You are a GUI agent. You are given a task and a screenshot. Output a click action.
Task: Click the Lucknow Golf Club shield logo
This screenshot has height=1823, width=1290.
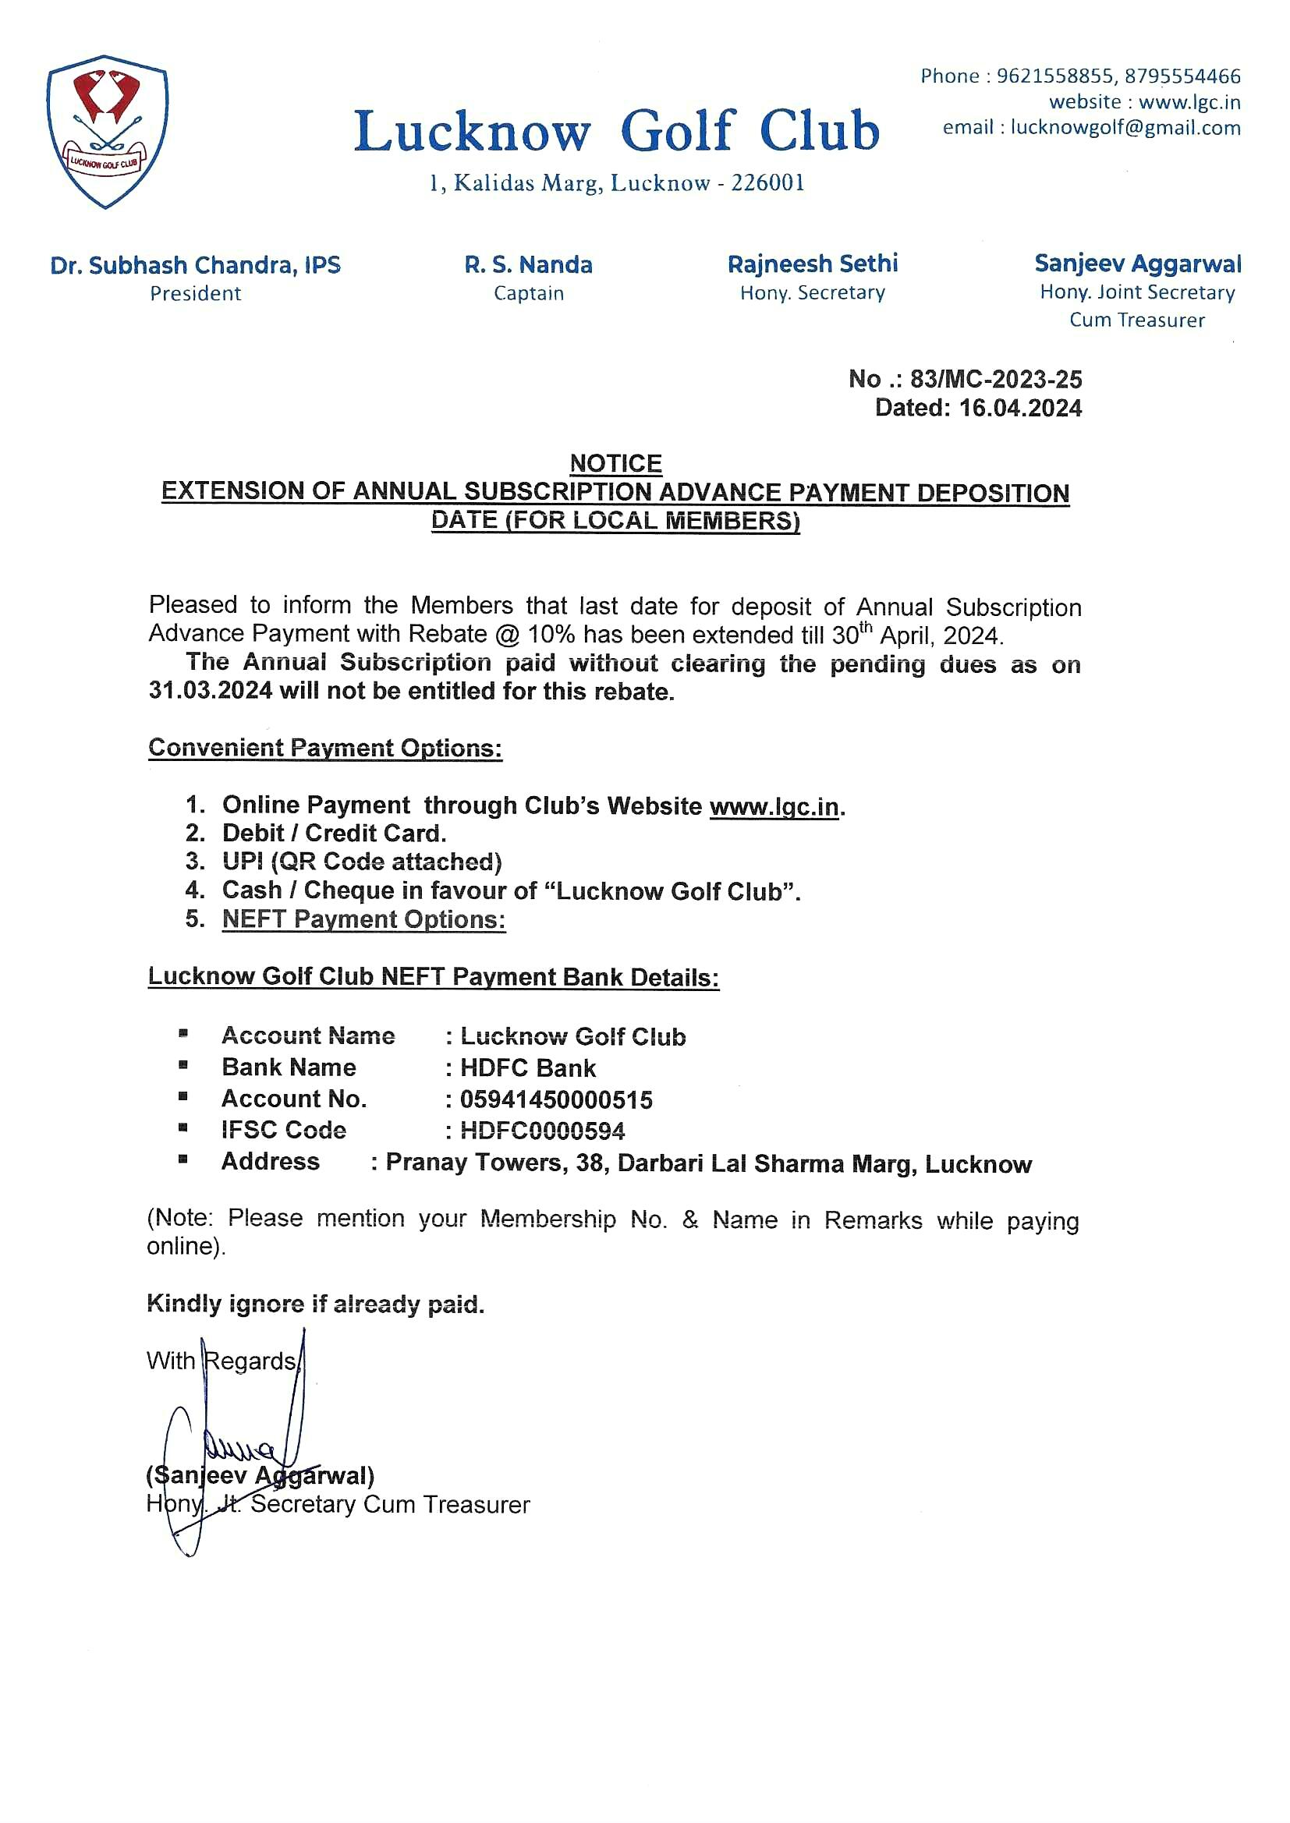coord(106,131)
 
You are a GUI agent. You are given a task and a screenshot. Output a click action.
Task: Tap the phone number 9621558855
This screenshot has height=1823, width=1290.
coord(1055,76)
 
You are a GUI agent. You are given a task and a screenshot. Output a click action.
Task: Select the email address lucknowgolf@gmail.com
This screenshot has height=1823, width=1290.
coord(1125,128)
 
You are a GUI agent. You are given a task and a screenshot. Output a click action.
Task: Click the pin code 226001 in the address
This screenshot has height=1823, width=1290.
coord(767,183)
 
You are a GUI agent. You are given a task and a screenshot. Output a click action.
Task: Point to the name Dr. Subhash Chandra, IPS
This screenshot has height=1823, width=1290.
coord(196,265)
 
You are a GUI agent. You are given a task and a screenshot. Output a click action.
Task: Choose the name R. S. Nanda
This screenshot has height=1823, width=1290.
coord(528,265)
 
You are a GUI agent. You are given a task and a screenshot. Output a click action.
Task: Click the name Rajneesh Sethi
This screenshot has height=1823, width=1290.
coord(812,264)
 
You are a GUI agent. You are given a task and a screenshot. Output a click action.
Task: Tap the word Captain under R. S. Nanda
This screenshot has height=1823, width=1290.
coord(528,294)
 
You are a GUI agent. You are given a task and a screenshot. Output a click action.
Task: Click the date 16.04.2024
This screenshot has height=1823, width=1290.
coord(1020,408)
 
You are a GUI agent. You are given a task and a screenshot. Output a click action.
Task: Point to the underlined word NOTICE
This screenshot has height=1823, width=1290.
coord(615,463)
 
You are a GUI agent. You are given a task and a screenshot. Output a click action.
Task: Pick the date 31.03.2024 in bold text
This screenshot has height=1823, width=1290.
coord(210,691)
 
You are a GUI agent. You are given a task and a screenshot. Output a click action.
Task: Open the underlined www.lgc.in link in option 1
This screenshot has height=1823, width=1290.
coord(774,807)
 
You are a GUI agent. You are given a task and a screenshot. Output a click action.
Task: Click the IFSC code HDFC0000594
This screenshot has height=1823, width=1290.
coord(543,1131)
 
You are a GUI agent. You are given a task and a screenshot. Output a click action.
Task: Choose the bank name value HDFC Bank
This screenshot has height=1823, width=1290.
coord(527,1069)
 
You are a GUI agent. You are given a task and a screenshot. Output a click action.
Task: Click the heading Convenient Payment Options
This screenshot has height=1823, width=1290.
coord(325,748)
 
